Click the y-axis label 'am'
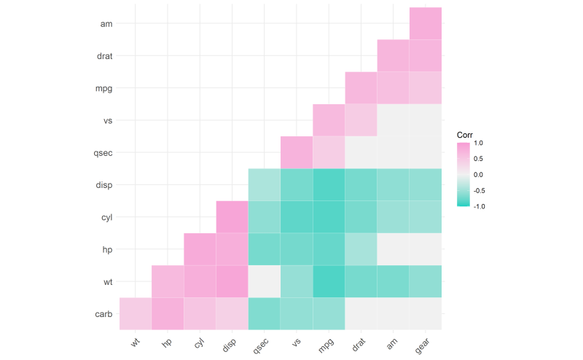[x=106, y=24]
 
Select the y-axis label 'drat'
[x=103, y=56]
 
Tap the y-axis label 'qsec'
[x=103, y=153]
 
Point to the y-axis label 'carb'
[x=103, y=314]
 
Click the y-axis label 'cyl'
[x=106, y=217]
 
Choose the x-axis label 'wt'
[x=136, y=340]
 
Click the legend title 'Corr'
[x=465, y=135]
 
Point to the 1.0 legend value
[x=479, y=144]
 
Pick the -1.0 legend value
[x=479, y=206]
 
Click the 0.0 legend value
[x=479, y=175]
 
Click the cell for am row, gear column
[x=426, y=23]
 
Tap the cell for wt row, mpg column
[x=329, y=281]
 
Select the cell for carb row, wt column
[x=136, y=313]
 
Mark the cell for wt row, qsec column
[x=265, y=281]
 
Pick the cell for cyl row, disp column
[x=232, y=217]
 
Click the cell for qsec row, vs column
[x=297, y=152]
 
